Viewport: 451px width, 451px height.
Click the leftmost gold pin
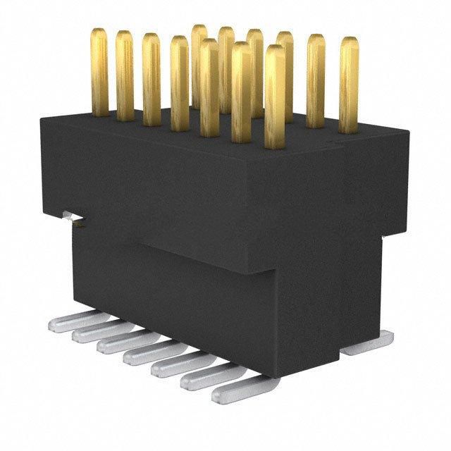pos(99,70)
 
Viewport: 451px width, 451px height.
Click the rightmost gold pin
pos(348,85)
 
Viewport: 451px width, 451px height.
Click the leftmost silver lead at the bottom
pos(70,321)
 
